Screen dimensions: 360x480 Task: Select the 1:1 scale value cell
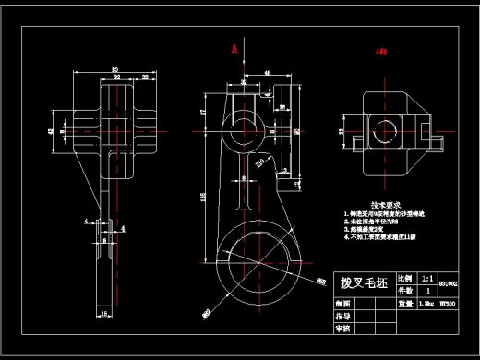pyautogui.click(x=426, y=277)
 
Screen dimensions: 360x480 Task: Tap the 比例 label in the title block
pyautogui.click(x=404, y=277)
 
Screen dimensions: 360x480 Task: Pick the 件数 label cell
pyautogui.click(x=404, y=289)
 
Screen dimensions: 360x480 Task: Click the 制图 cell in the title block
pyautogui.click(x=342, y=302)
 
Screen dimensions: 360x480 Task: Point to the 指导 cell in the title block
pyautogui.click(x=342, y=315)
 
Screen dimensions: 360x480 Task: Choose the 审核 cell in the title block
pyautogui.click(x=342, y=328)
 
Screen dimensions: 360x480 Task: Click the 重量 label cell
pyautogui.click(x=404, y=302)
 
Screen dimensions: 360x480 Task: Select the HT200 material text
pyautogui.click(x=449, y=302)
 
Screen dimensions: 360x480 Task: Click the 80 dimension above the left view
pyautogui.click(x=115, y=69)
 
